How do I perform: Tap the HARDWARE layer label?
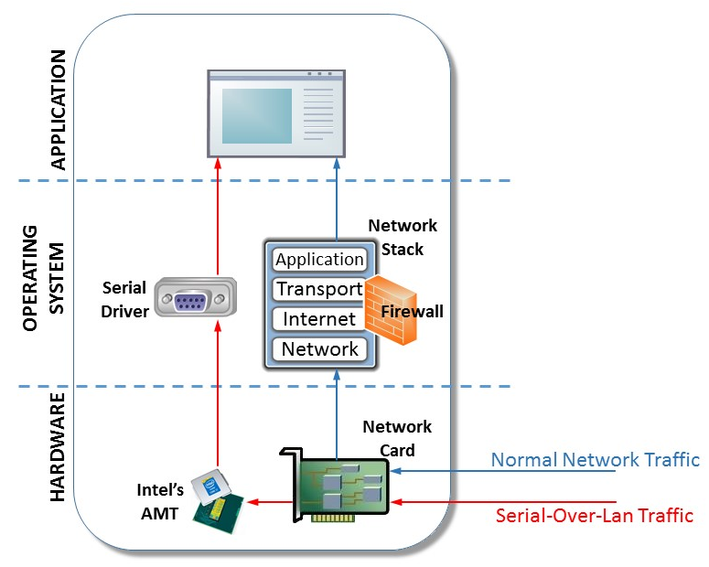click(58, 448)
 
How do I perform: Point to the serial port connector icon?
click(192, 299)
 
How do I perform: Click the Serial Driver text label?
click(124, 298)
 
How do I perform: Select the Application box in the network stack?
click(319, 260)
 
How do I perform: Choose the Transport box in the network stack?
click(319, 289)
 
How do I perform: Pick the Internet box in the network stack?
click(319, 319)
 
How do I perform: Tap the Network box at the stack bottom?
click(319, 348)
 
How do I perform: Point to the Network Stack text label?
click(403, 237)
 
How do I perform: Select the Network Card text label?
click(397, 438)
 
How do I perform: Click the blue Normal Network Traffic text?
click(595, 459)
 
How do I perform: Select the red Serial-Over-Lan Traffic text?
click(594, 515)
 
